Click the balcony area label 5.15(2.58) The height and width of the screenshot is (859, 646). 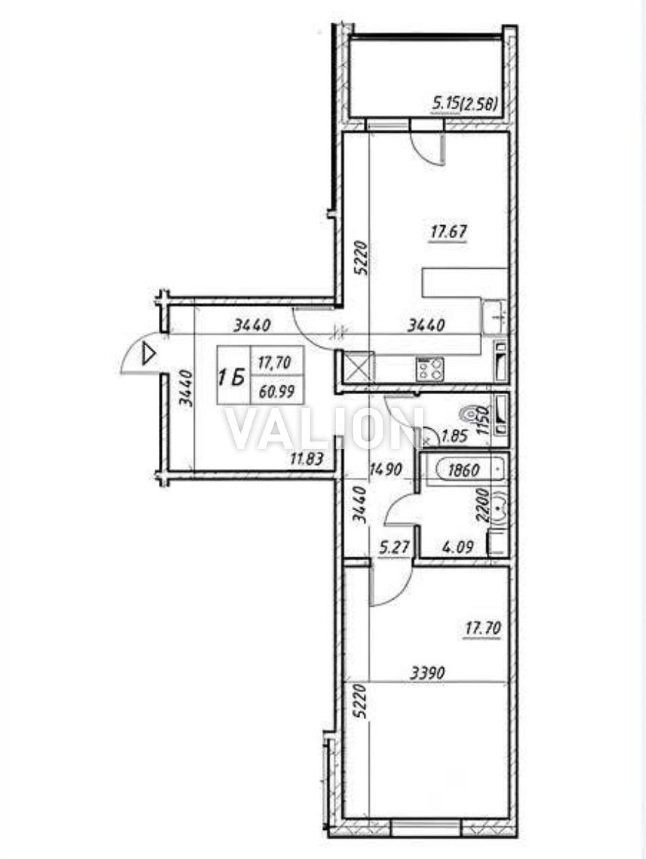click(465, 103)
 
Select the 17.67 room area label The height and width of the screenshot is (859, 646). click(448, 232)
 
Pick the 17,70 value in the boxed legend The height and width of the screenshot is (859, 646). click(276, 362)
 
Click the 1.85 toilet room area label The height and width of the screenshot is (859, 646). click(454, 436)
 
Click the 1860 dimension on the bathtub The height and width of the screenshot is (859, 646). click(464, 470)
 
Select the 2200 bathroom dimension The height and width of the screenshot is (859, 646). click(483, 506)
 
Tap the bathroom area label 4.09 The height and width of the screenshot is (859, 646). click(457, 546)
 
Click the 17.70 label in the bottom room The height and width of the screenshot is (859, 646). click(480, 628)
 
